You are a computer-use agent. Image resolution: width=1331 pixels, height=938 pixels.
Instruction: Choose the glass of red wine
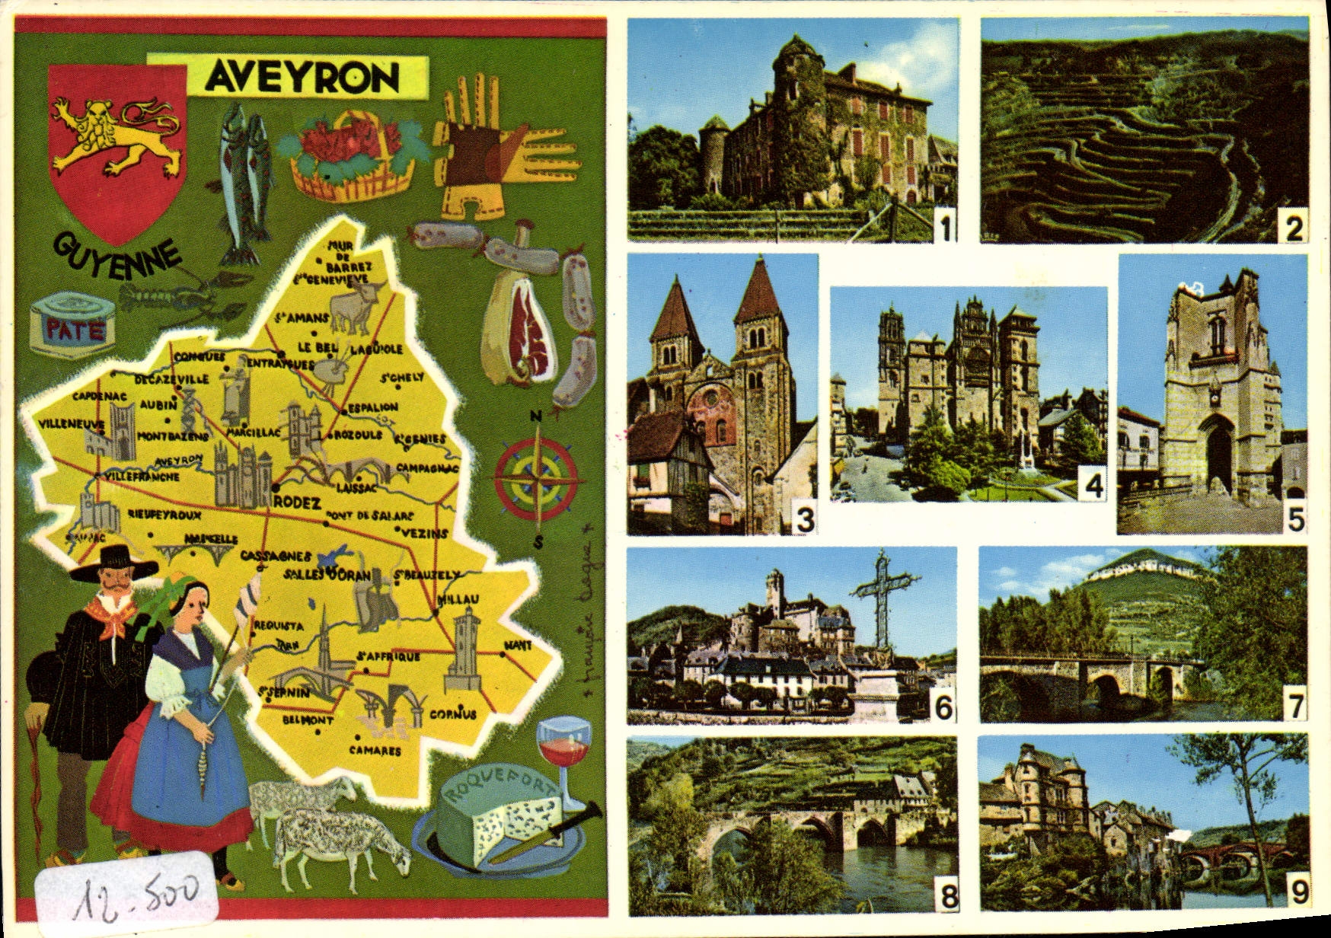(564, 746)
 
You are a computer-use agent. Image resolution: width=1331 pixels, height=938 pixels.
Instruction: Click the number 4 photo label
(1093, 485)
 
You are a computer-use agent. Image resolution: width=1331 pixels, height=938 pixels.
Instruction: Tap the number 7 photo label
(1293, 707)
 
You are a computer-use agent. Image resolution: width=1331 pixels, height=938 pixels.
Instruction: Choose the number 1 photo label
(945, 228)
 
